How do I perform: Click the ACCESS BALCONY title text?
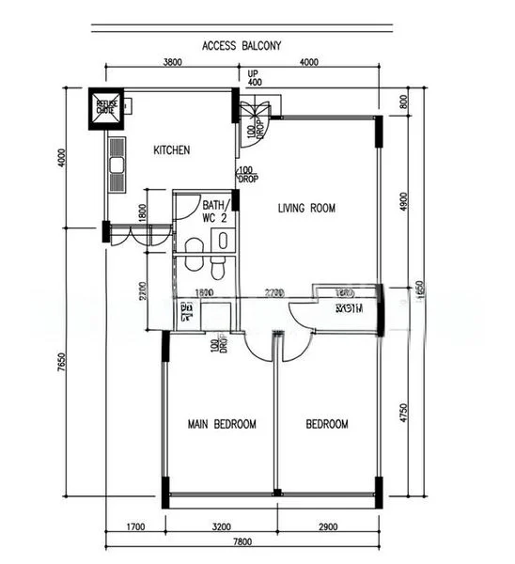242,44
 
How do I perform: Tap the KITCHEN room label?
172,150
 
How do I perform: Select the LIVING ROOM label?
306,208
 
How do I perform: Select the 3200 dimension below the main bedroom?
220,528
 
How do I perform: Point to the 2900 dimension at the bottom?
329,528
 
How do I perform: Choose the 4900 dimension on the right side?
404,201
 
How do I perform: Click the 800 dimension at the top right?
404,103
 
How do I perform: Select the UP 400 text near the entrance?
255,78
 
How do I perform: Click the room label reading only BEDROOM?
327,424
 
